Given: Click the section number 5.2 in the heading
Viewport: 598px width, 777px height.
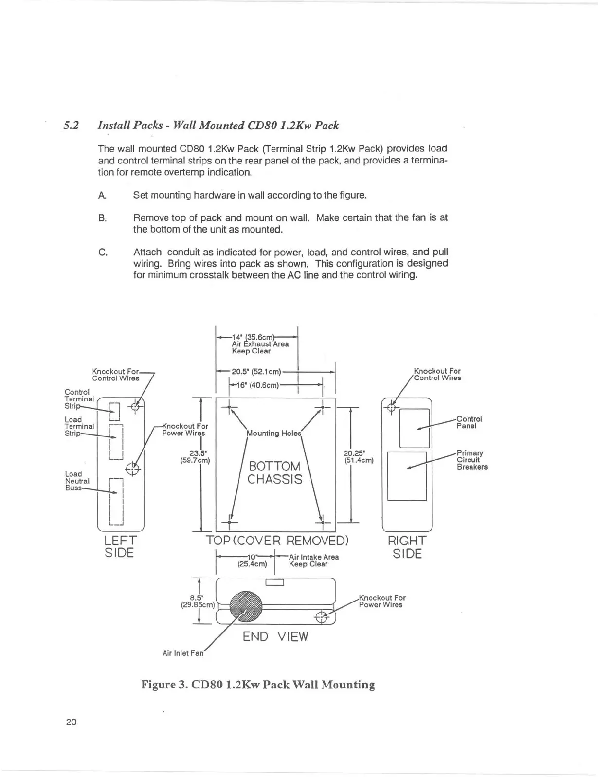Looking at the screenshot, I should pyautogui.click(x=71, y=126).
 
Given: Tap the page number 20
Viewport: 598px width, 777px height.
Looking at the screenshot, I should pyautogui.click(x=71, y=722).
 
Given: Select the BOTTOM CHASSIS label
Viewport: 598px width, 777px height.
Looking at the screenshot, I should pyautogui.click(x=274, y=473).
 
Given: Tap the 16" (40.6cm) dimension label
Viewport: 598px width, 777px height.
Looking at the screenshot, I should pyautogui.click(x=257, y=385).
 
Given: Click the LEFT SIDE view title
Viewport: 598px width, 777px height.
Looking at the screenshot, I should pyautogui.click(x=120, y=547).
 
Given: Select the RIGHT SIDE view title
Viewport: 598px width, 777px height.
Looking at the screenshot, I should pyautogui.click(x=407, y=547).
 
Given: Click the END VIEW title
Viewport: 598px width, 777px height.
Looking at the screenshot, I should pyautogui.click(x=275, y=636).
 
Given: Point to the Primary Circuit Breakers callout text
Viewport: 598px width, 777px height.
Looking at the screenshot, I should pyautogui.click(x=471, y=460).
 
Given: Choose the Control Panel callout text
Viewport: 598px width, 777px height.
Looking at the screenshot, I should pyautogui.click(x=469, y=422).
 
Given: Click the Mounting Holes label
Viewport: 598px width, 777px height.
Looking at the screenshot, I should pyautogui.click(x=273, y=433).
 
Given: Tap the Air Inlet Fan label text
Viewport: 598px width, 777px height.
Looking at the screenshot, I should pyautogui.click(x=182, y=653).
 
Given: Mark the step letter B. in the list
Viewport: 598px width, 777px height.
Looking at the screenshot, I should pyautogui.click(x=102, y=218).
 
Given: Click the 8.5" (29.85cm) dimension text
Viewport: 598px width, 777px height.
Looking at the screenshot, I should pyautogui.click(x=197, y=601).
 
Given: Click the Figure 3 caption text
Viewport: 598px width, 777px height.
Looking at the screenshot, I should pyautogui.click(x=258, y=685).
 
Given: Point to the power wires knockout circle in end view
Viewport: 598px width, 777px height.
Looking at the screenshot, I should pyautogui.click(x=323, y=617).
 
